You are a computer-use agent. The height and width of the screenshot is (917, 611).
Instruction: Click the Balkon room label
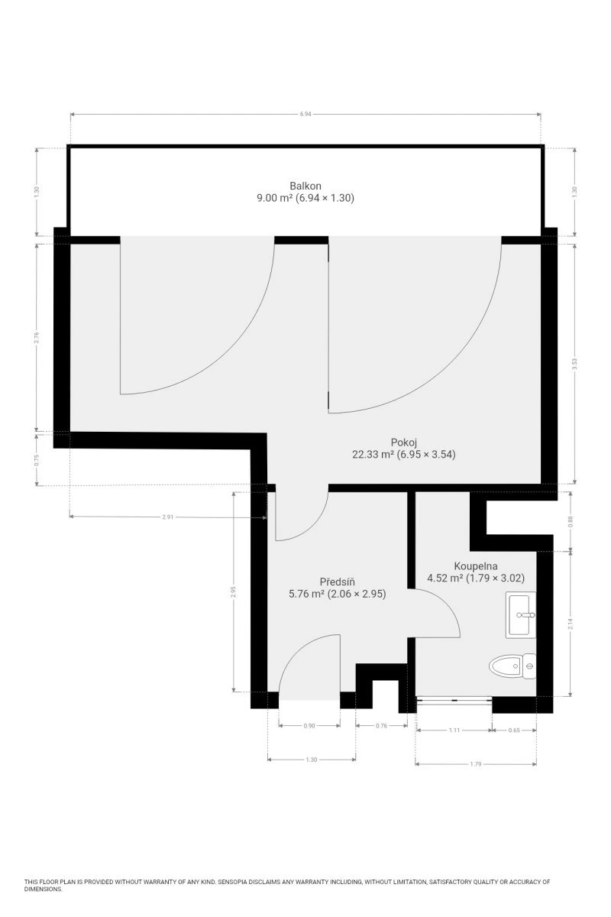(x=305, y=186)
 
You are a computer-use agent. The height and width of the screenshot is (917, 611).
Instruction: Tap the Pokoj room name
(x=403, y=442)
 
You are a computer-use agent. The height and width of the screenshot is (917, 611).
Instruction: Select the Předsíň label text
(x=338, y=582)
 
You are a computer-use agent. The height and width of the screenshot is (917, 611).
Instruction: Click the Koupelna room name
(x=476, y=566)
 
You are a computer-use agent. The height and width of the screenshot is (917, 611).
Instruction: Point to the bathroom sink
(x=521, y=614)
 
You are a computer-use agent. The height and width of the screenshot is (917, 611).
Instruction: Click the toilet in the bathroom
(x=512, y=666)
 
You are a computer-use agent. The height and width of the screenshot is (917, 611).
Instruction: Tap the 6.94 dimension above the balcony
(x=305, y=114)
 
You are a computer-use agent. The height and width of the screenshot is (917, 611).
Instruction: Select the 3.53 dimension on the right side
(x=574, y=364)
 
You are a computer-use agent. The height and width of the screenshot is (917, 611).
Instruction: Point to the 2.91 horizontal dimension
(x=168, y=517)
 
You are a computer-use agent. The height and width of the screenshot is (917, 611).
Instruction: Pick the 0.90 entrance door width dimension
(x=309, y=726)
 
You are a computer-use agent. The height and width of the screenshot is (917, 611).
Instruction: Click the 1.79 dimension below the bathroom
(x=476, y=764)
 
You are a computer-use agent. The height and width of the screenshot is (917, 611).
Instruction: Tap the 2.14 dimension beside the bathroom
(x=571, y=624)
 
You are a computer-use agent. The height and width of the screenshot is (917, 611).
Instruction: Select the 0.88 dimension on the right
(x=571, y=521)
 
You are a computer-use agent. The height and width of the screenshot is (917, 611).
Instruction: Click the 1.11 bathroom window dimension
(x=454, y=730)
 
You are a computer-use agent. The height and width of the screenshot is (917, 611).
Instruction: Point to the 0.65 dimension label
(x=514, y=730)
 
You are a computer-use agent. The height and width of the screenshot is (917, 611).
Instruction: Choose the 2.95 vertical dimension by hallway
(x=233, y=592)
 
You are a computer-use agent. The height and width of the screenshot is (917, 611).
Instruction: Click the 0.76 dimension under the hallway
(x=381, y=726)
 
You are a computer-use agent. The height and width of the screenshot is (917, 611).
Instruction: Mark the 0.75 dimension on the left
(x=37, y=461)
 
